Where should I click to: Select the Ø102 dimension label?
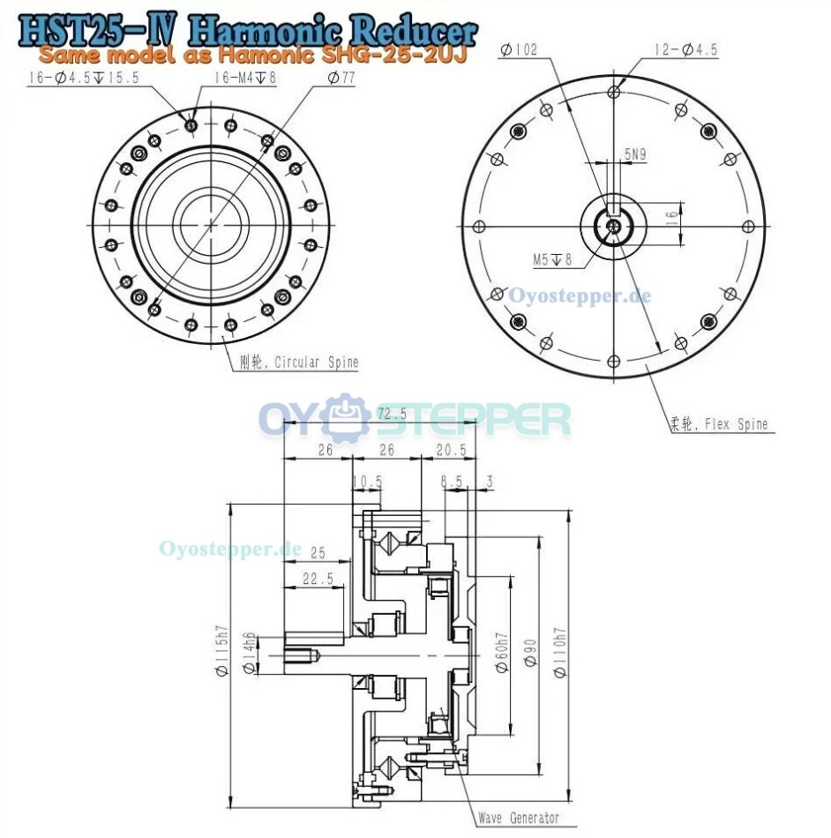pos(518,51)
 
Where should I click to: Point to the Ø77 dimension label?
pos(341,79)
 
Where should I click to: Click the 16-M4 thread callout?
pos(244,79)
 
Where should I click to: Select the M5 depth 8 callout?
pos(552,259)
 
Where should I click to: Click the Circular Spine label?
pos(299,362)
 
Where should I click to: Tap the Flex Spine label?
pos(718,424)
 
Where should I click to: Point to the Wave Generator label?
pos(518,819)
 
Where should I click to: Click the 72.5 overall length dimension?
pos(391,414)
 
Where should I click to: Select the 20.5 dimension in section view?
pos(450,450)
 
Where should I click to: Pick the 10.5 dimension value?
pos(366,482)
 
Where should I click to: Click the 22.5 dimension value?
pos(318,579)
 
